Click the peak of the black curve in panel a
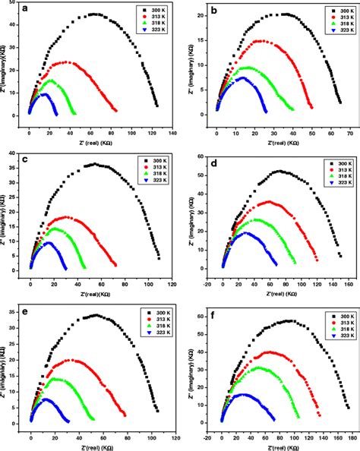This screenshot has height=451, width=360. point(93,14)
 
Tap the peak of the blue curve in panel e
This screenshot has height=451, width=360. point(46,399)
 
